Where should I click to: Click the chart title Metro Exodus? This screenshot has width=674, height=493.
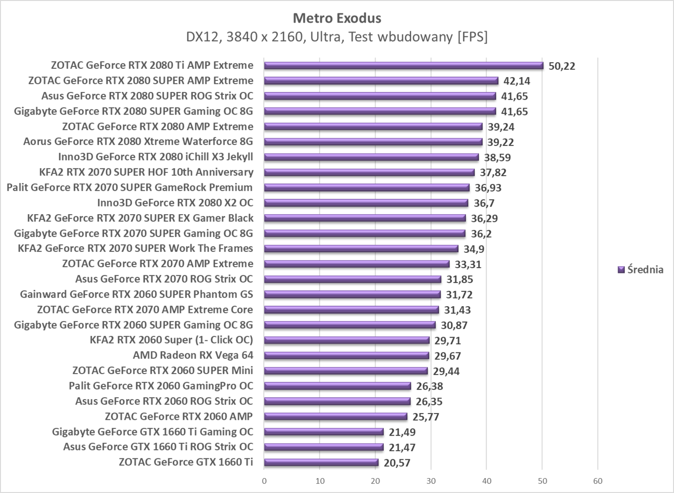[337, 18]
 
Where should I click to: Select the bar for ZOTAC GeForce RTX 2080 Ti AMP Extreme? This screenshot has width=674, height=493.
[403, 65]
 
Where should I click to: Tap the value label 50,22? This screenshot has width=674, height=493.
[562, 66]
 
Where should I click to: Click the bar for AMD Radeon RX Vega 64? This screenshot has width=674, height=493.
[346, 356]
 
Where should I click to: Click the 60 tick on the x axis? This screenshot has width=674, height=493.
[597, 480]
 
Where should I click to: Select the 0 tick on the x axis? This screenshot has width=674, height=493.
[264, 480]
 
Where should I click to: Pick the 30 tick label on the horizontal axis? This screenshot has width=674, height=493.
[431, 480]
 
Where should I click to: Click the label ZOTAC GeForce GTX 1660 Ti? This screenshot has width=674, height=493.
[185, 462]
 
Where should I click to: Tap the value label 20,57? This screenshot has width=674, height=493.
[397, 463]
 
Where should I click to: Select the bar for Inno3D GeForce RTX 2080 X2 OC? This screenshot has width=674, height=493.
[366, 203]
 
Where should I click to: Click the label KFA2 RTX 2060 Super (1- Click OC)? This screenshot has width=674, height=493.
[171, 340]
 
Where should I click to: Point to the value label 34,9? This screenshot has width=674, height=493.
[474, 249]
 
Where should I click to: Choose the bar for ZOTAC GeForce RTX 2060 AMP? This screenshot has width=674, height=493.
[336, 416]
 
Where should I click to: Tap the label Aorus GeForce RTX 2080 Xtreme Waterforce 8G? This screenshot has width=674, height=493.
[138, 142]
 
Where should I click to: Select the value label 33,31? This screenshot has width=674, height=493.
[468, 264]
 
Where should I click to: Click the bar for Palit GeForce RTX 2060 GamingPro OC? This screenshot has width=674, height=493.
[337, 386]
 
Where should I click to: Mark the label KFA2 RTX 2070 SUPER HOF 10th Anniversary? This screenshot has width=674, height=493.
[146, 172]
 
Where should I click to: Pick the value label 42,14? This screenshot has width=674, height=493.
[517, 81]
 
